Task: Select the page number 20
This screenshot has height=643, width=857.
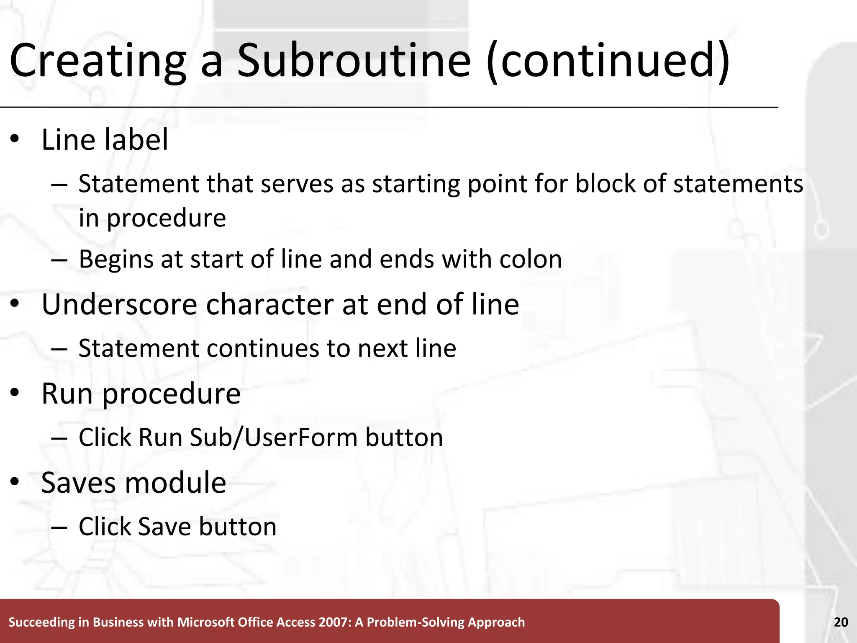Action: click(x=841, y=622)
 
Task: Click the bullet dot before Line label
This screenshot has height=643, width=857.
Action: click(x=15, y=140)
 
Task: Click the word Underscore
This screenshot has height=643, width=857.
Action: click(x=119, y=304)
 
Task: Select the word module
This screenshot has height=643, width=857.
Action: click(x=175, y=483)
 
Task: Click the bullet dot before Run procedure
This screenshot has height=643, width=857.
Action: click(x=15, y=394)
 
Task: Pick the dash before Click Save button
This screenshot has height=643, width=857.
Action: click(x=59, y=527)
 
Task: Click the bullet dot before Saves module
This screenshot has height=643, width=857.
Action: click(x=15, y=483)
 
